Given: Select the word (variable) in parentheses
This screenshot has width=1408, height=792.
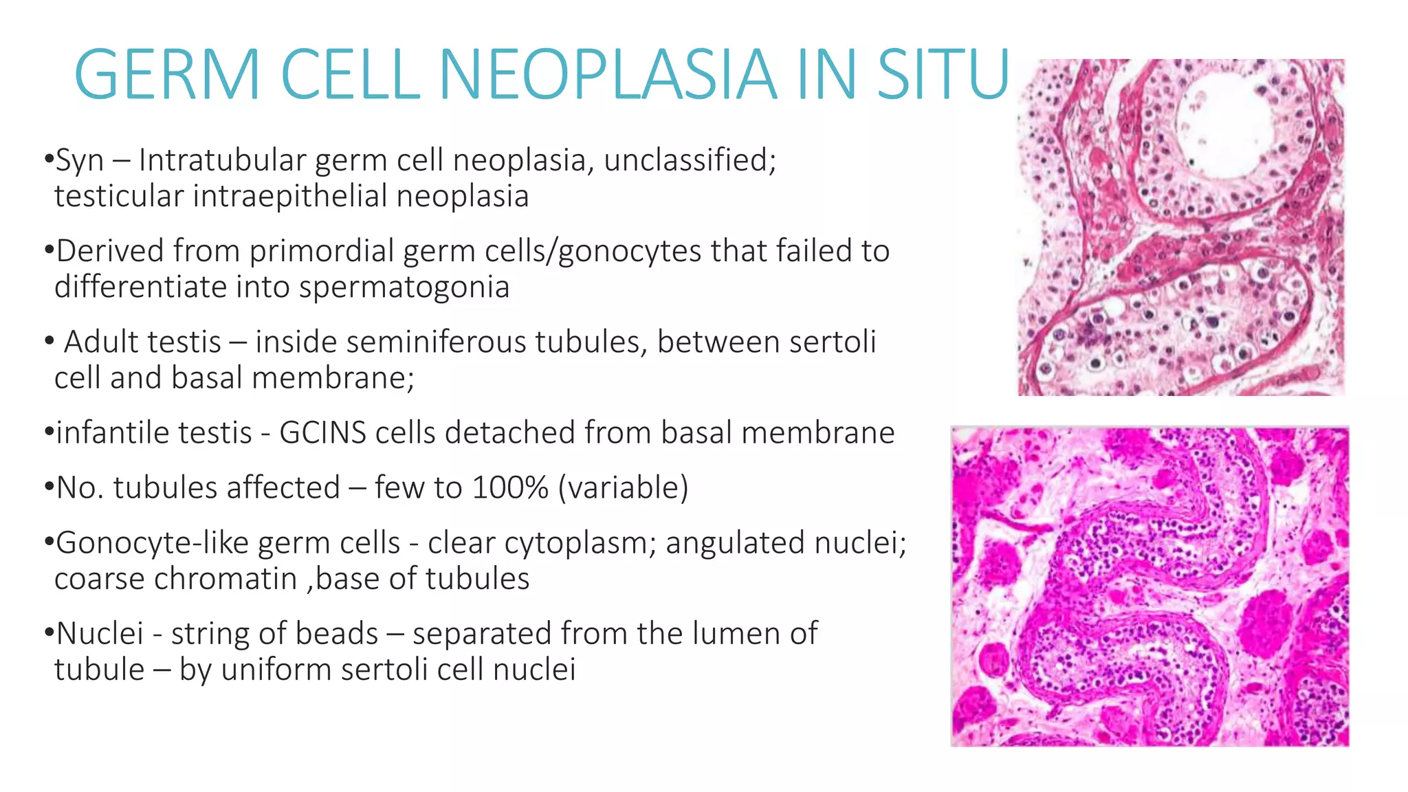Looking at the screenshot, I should pyautogui.click(x=623, y=488).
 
